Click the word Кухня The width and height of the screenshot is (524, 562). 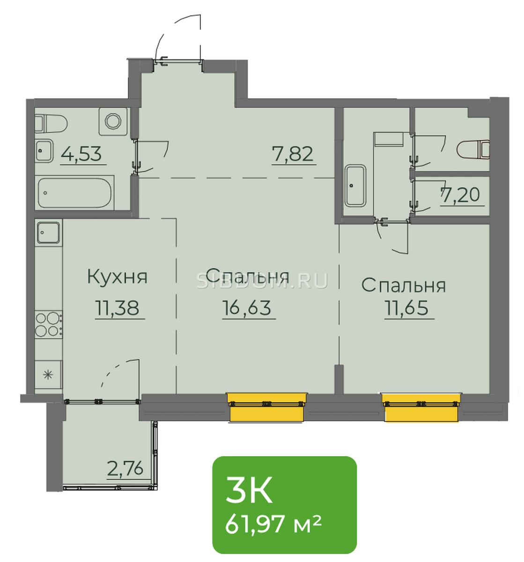coord(117,276)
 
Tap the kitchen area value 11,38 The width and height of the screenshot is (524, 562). coord(117,308)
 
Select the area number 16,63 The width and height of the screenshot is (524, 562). coord(246,308)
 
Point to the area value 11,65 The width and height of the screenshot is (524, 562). coord(406,308)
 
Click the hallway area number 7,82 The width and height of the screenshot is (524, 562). coord(292,154)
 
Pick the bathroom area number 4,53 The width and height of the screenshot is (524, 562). coord(81,154)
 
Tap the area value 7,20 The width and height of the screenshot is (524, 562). coord(460,195)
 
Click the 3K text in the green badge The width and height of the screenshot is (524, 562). coord(249,494)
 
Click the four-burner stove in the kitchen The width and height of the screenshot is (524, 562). coord(49,324)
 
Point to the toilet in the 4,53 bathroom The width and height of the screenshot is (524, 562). coord(51,124)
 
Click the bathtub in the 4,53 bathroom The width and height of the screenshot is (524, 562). coord(74,193)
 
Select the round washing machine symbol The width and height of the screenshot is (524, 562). coord(113,121)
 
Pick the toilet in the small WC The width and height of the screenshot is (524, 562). coord(473,150)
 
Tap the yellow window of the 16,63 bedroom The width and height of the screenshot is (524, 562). coord(266,407)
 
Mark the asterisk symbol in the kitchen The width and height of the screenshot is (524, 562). coord(48,375)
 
